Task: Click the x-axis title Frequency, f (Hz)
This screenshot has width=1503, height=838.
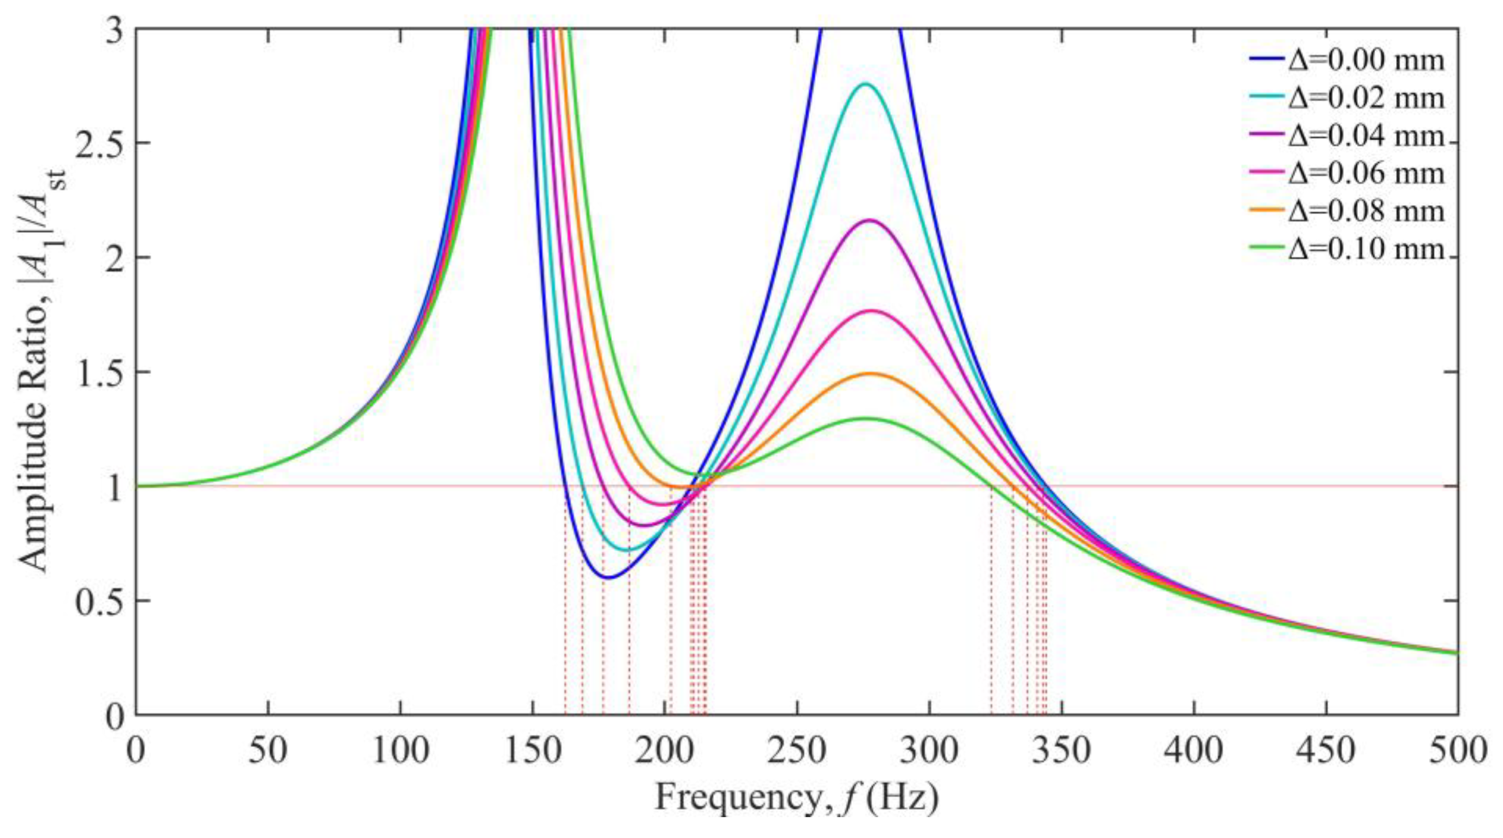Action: click(x=796, y=797)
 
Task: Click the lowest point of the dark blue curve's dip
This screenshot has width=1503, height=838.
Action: click(x=608, y=578)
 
